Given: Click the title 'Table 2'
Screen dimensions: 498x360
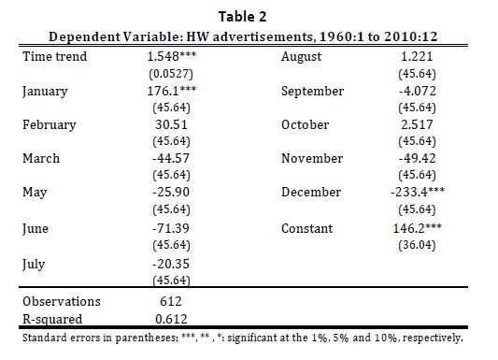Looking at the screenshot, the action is (242, 17).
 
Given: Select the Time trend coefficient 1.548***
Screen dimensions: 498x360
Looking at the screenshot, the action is (172, 56).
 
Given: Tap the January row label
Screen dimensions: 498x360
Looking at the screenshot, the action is (45, 92).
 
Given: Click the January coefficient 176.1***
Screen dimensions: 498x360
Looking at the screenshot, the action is (172, 91).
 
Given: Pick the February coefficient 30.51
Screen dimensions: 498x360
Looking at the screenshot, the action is (172, 124).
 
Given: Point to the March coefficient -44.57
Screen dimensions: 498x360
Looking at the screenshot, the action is (171, 158).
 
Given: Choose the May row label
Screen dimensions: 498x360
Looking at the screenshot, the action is (35, 193).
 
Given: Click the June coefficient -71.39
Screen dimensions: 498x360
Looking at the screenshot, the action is (171, 228).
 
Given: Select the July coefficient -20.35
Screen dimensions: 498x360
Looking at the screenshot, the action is (171, 264).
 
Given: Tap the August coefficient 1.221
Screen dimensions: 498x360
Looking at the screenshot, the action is (417, 56).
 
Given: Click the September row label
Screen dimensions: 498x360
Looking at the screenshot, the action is (312, 92).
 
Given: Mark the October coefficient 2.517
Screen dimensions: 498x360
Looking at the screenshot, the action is (417, 124).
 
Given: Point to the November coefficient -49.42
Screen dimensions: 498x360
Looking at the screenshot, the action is (418, 158).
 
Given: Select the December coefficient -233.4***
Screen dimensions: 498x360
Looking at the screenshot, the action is (418, 192).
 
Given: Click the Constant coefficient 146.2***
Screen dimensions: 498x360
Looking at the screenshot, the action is (418, 228).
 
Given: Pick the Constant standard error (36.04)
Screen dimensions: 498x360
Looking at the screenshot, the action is (417, 245).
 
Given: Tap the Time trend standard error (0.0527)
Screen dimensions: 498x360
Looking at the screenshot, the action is (171, 74).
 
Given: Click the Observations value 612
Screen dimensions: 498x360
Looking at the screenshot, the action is (171, 301).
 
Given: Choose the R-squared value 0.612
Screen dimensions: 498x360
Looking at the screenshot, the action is (172, 319).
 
